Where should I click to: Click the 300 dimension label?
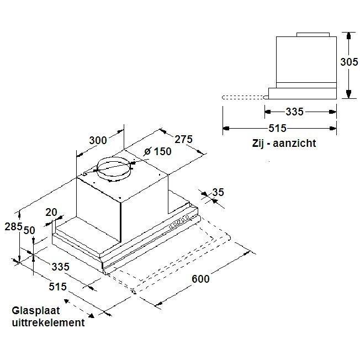(x=98, y=140)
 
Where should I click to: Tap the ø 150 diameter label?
(x=157, y=152)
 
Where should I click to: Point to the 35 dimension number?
(x=219, y=193)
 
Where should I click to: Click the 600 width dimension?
(x=200, y=279)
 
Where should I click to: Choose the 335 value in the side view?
(x=294, y=112)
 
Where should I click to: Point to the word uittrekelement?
(x=48, y=323)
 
